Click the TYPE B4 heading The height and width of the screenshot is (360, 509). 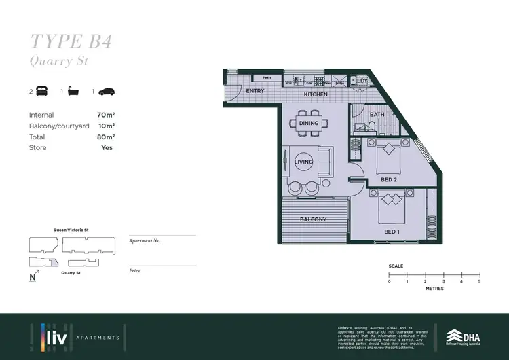coord(71,41)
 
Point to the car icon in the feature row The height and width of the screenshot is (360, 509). coord(107,91)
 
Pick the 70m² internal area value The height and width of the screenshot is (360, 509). coord(105,115)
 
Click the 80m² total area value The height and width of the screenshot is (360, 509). coord(105,137)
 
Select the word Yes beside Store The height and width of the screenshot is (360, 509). coord(107,148)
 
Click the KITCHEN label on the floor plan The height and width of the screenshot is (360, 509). coord(316,94)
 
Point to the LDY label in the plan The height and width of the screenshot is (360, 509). coord(362,82)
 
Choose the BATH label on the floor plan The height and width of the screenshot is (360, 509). coord(377,115)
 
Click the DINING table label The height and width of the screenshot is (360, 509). coord(309,124)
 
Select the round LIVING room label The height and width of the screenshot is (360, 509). coord(304,162)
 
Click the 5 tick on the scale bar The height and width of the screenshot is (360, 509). coord(479,281)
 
